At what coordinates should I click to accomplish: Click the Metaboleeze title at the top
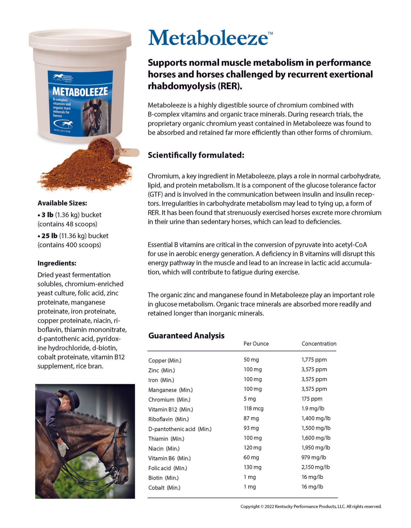click(x=208, y=38)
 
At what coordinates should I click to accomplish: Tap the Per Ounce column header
click(x=256, y=344)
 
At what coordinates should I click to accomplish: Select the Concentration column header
click(x=319, y=344)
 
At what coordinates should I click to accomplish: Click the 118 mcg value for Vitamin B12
click(x=253, y=408)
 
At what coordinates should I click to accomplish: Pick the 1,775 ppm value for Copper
click(x=314, y=359)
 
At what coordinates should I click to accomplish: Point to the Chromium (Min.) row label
click(x=169, y=400)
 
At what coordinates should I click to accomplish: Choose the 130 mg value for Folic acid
click(x=252, y=467)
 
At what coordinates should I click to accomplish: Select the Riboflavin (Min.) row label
click(x=168, y=419)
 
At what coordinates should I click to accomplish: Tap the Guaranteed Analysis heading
click(x=186, y=336)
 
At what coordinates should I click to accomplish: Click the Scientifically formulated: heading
click(x=196, y=155)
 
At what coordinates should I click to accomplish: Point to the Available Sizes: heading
click(x=62, y=203)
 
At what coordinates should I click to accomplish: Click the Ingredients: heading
click(x=57, y=263)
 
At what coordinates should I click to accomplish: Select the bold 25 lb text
click(x=49, y=236)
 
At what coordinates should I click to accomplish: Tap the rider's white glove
click(x=63, y=448)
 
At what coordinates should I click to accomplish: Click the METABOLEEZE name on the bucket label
click(x=80, y=92)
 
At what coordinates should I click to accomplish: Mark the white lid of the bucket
click(x=80, y=39)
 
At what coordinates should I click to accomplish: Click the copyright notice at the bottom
click(x=311, y=506)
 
